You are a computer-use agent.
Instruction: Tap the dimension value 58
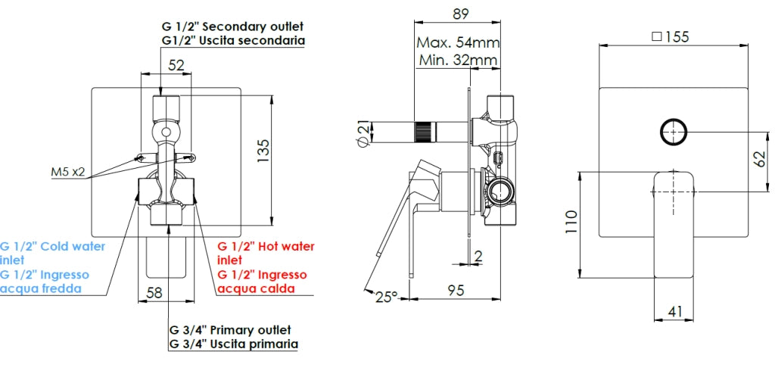(154, 293)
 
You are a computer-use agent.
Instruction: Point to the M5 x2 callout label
(68, 172)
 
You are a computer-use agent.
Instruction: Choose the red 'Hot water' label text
(282, 246)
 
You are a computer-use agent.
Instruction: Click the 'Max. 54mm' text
(458, 42)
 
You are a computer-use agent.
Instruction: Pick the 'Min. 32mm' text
(458, 61)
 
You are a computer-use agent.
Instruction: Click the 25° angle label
(387, 297)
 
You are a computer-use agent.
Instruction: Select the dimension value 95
(456, 291)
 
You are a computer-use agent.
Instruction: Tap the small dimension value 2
(478, 256)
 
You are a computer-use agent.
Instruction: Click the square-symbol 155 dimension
(671, 37)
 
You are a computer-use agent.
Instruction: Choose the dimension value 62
(761, 158)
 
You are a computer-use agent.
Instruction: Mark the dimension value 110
(572, 223)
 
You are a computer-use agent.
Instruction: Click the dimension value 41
(674, 311)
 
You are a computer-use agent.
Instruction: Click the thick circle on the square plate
(661, 132)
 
